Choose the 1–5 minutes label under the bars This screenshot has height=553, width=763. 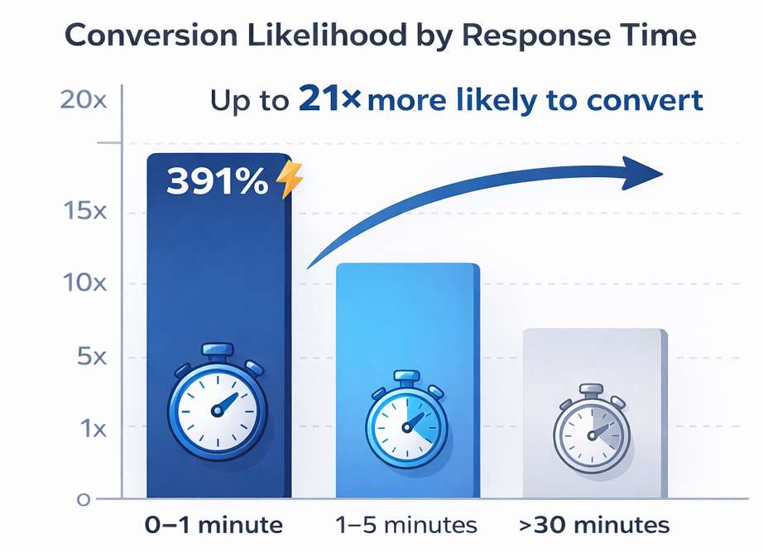coord(407,525)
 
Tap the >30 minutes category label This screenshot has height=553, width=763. coord(595,525)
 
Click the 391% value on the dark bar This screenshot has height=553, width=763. coord(217,182)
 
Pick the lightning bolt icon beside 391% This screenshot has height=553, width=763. coord(289,180)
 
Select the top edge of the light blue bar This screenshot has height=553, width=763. coord(407,265)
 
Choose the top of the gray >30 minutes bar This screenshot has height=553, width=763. coord(594,330)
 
